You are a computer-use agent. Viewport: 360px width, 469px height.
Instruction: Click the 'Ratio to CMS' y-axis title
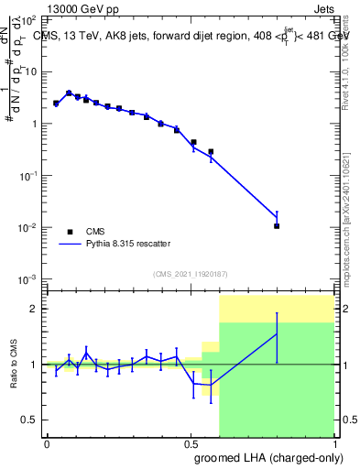[x=13, y=365]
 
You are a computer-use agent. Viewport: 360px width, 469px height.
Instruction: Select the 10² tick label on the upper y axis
[x=29, y=20]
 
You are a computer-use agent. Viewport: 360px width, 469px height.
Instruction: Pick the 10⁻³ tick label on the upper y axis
[x=29, y=278]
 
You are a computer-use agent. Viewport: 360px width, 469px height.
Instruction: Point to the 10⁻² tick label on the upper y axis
[x=29, y=227]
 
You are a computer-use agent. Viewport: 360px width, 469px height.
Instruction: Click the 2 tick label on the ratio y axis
[x=34, y=309]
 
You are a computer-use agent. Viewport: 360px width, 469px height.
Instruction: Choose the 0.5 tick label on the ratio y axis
[x=30, y=420]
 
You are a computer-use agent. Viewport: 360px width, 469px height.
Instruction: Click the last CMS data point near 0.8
[x=277, y=225]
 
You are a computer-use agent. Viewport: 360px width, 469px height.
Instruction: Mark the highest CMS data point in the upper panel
[x=69, y=93]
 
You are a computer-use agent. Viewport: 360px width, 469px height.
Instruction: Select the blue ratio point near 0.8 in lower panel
[x=277, y=334]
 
